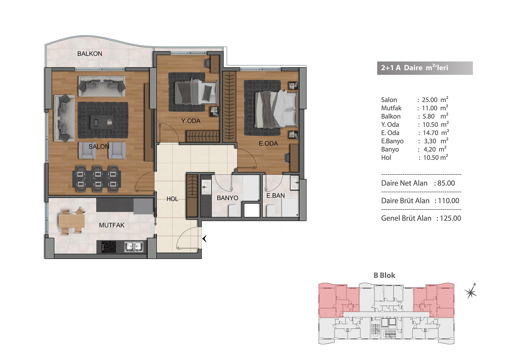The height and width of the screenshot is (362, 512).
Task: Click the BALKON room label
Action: click(x=90, y=54)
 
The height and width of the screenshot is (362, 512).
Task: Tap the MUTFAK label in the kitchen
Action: click(x=112, y=225)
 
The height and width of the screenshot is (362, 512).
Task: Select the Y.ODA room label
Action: click(x=191, y=121)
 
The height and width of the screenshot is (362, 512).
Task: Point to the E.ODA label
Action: click(x=268, y=144)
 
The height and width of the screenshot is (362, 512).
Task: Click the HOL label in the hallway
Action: click(x=172, y=199)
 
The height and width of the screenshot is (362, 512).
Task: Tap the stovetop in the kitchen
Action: click(x=109, y=247)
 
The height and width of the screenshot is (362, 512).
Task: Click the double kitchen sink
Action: click(x=134, y=247)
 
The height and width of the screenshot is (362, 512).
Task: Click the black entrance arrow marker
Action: click(x=205, y=239)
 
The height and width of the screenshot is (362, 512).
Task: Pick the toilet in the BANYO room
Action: click(x=233, y=210)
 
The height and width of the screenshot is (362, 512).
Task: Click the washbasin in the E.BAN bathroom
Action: click(x=295, y=182)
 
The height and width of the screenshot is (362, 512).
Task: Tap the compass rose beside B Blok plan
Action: click(x=471, y=291)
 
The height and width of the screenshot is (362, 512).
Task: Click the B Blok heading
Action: click(x=384, y=275)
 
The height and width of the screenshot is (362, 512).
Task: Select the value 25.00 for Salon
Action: click(x=430, y=100)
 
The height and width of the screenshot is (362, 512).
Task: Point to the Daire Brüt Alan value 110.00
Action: click(x=449, y=201)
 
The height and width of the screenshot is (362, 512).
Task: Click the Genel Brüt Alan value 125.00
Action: click(x=450, y=218)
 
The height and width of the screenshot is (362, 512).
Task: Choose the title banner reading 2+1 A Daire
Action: click(x=425, y=68)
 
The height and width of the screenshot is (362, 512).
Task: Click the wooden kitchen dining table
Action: click(x=71, y=221)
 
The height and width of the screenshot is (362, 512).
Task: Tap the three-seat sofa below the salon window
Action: click(x=102, y=86)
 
